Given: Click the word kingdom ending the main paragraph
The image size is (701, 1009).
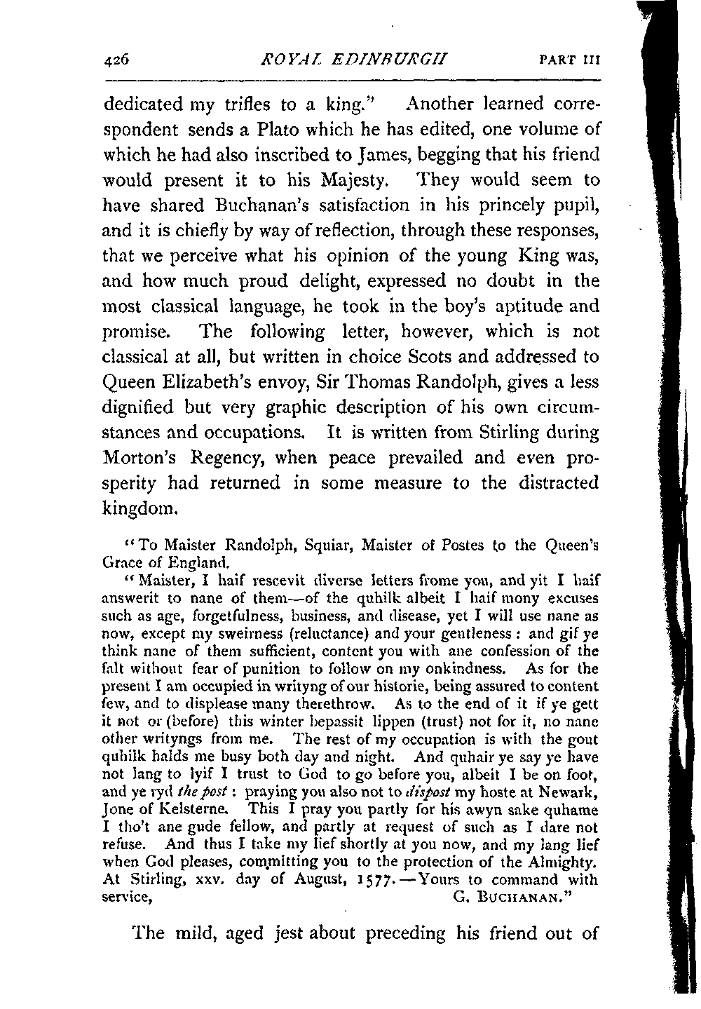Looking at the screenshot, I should [x=138, y=508].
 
